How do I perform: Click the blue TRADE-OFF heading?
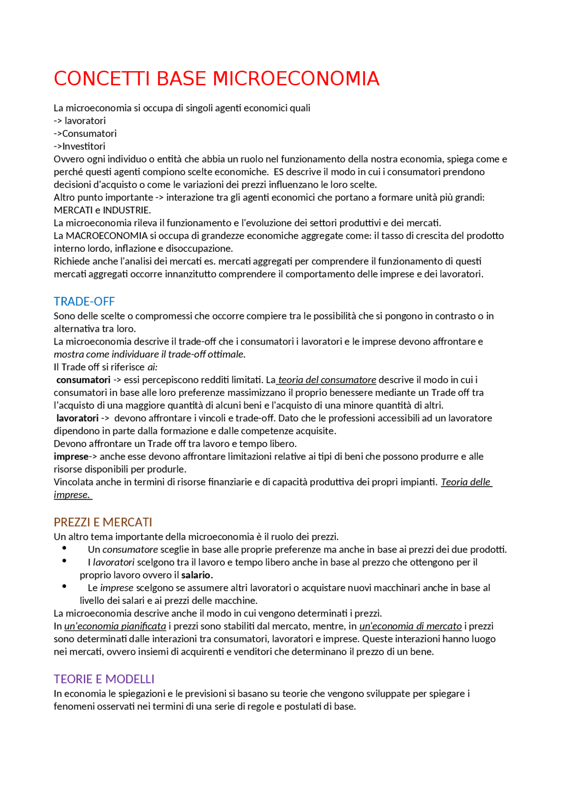click(84, 302)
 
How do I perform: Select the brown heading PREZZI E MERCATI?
click(103, 523)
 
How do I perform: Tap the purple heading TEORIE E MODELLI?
click(104, 679)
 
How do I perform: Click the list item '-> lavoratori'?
click(80, 121)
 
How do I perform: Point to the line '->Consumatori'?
click(85, 134)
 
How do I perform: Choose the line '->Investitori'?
click(79, 147)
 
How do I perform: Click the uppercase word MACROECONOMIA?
click(106, 236)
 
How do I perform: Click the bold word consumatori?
click(83, 380)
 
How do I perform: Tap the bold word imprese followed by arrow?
click(71, 457)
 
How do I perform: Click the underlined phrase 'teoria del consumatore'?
click(327, 380)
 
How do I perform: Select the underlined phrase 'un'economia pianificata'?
click(115, 626)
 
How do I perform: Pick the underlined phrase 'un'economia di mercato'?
click(411, 626)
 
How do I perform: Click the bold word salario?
click(197, 575)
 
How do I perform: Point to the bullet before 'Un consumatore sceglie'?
click(64, 548)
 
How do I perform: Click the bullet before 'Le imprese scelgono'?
click(64, 587)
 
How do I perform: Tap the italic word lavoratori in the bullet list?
click(113, 563)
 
